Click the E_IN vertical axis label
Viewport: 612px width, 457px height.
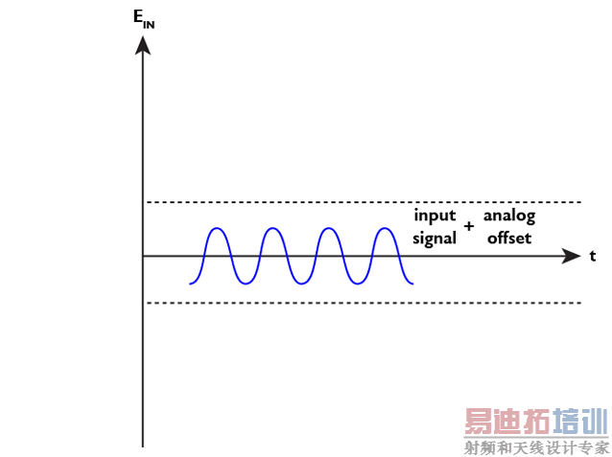pos(143,19)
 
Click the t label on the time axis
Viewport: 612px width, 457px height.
pos(593,256)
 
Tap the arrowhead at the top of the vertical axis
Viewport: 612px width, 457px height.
pos(143,42)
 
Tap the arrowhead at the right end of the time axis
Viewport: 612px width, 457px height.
pos(572,256)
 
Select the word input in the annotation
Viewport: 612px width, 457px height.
pos(435,216)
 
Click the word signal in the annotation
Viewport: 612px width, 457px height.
pos(435,239)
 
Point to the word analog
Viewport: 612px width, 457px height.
pos(508,216)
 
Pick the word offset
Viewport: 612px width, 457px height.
pos(508,239)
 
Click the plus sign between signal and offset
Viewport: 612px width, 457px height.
pos(469,227)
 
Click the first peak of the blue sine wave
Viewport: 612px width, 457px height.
pos(217,228)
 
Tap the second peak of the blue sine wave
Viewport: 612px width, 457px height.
pos(273,228)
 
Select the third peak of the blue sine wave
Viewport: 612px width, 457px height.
pos(329,228)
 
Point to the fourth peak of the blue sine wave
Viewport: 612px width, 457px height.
pos(385,228)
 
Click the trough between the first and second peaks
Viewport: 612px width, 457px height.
pos(246,285)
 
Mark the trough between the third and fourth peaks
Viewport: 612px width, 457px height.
pos(357,285)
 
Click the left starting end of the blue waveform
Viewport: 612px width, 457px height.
pos(191,284)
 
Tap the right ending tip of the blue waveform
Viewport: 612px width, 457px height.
pos(412,284)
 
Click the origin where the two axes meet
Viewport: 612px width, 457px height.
pos(143,256)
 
